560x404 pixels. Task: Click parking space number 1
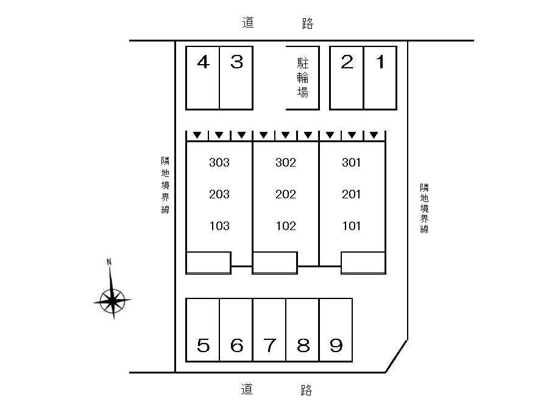(380, 78)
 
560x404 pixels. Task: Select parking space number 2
(347, 78)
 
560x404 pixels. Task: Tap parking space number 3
(236, 78)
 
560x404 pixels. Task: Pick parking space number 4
(202, 78)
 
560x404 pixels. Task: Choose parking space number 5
(202, 330)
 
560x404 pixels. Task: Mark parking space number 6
(236, 330)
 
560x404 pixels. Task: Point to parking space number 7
(269, 330)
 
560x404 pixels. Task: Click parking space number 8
(302, 330)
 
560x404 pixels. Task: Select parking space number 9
(336, 330)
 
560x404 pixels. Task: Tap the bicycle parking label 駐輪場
(302, 78)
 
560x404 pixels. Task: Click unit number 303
(219, 163)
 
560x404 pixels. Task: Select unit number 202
(286, 194)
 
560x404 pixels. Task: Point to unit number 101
(352, 226)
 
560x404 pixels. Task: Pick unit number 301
(352, 163)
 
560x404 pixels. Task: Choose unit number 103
(219, 226)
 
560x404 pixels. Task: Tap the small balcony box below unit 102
(275, 263)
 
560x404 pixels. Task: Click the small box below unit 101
(363, 263)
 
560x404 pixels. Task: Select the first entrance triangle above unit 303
(197, 135)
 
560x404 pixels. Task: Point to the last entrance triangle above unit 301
(374, 135)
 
